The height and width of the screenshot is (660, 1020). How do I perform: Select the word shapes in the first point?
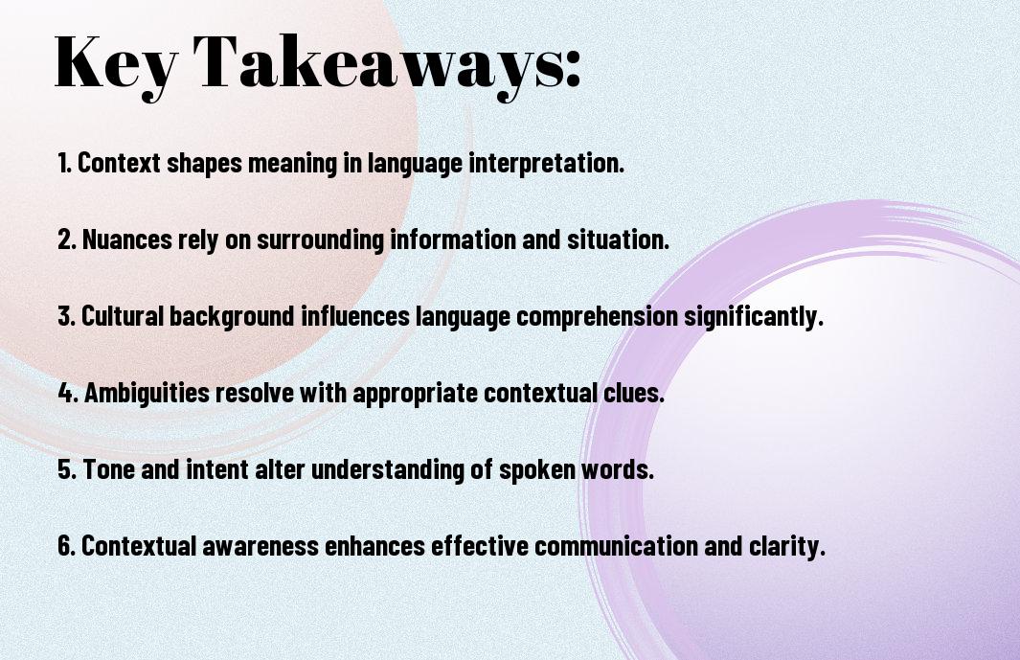coord(204,164)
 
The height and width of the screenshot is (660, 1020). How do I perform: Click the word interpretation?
coord(547,164)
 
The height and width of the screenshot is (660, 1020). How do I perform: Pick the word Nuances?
coord(126,239)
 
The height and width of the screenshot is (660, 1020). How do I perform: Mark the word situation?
coord(618,239)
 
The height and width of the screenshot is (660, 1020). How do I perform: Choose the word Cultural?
coord(123,316)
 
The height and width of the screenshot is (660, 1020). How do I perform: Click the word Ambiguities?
coord(147,394)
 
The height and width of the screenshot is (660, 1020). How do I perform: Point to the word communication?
coord(616,546)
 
